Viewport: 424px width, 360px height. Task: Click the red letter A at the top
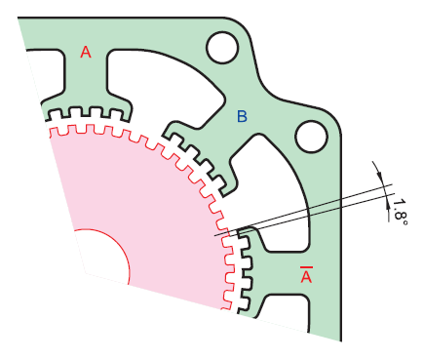pyautogui.click(x=85, y=54)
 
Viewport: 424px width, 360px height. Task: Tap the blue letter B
pyautogui.click(x=243, y=117)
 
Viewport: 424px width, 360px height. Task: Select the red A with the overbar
pyautogui.click(x=306, y=278)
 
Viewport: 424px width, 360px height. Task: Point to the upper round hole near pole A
pyautogui.click(x=222, y=46)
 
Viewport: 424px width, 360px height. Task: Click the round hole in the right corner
pyautogui.click(x=313, y=136)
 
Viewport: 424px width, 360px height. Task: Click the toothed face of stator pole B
pyautogui.click(x=200, y=156)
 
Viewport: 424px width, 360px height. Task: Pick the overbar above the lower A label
pyautogui.click(x=306, y=266)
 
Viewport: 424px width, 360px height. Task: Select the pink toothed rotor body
pyautogui.click(x=146, y=215)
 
